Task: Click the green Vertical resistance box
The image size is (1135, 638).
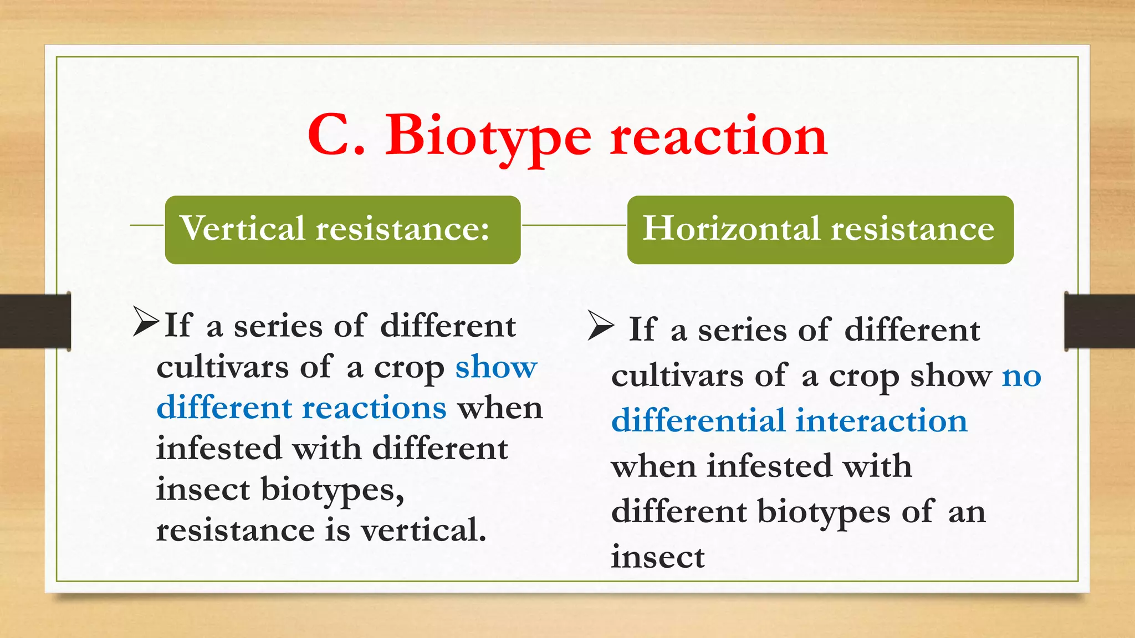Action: pyautogui.click(x=342, y=229)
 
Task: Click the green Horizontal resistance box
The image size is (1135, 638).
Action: pyautogui.click(x=820, y=229)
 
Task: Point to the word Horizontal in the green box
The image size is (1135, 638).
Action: pyautogui.click(x=731, y=228)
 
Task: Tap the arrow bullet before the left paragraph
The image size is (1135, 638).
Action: pyautogui.click(x=145, y=322)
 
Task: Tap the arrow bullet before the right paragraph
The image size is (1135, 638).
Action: pyautogui.click(x=601, y=325)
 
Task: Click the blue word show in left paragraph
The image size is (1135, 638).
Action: pyautogui.click(x=496, y=367)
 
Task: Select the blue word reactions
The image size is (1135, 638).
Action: pyautogui.click(x=374, y=408)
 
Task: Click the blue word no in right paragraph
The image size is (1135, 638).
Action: pyautogui.click(x=1021, y=376)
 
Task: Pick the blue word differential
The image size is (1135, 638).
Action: pyautogui.click(x=698, y=420)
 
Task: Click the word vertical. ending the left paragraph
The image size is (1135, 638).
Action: pyautogui.click(x=423, y=530)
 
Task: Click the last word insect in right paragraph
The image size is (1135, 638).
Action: pyautogui.click(x=658, y=557)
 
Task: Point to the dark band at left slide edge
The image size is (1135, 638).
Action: pyautogui.click(x=35, y=321)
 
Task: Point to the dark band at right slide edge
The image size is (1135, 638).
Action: pyautogui.click(x=1100, y=321)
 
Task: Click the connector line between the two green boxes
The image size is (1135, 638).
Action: pyautogui.click(x=574, y=225)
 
